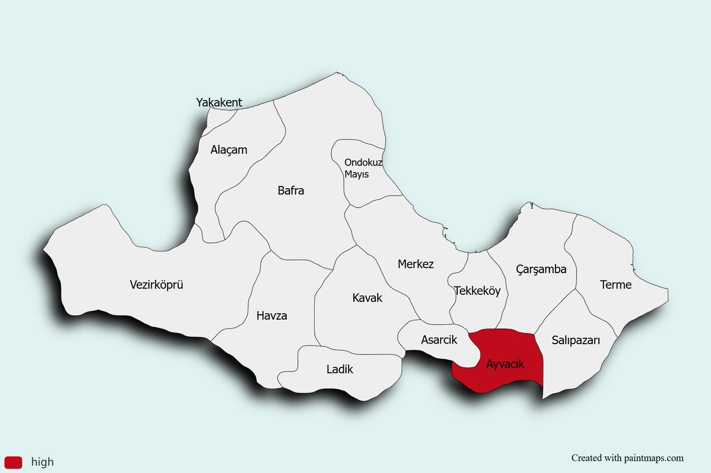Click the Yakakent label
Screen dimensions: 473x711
tap(219, 102)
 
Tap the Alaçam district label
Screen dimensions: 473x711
tap(229, 150)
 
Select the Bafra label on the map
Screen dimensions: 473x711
tap(291, 190)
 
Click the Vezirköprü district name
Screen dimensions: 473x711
tap(157, 285)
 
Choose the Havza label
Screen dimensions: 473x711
tap(272, 316)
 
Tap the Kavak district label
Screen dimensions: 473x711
tap(367, 298)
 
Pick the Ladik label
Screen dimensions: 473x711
tap(339, 369)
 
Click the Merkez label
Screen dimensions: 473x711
tap(415, 264)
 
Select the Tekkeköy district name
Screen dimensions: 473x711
tap(477, 290)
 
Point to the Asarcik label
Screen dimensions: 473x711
tap(439, 340)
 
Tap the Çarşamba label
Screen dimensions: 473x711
tap(541, 269)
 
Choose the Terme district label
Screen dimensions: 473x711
tap(615, 285)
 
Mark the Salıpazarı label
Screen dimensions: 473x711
tap(575, 340)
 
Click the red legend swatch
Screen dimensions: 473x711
tap(13, 462)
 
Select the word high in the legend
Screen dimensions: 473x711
tap(43, 462)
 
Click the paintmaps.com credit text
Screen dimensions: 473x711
tap(627, 458)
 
